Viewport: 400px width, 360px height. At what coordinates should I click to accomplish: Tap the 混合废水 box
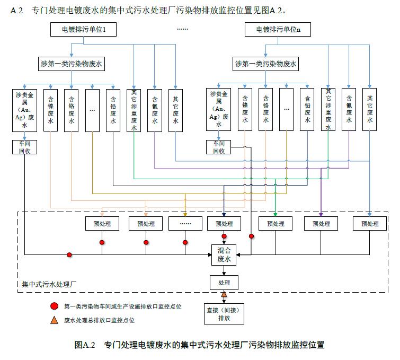point(224,254)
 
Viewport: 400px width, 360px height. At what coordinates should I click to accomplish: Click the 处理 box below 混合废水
point(224,283)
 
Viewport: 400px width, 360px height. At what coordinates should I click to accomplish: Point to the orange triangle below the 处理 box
point(224,294)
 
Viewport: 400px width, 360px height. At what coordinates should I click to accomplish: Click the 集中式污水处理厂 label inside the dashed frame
point(50,284)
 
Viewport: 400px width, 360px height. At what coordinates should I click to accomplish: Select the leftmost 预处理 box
point(102,224)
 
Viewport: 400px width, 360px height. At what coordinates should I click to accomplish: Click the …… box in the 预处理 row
point(185,224)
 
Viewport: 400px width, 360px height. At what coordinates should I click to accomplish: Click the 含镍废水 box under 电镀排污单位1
point(51,110)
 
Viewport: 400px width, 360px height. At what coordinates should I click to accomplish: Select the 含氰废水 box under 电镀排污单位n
point(349,110)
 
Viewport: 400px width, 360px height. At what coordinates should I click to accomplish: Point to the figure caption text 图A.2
point(85,345)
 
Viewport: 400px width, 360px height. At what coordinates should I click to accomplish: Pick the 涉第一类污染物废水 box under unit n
point(266,65)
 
